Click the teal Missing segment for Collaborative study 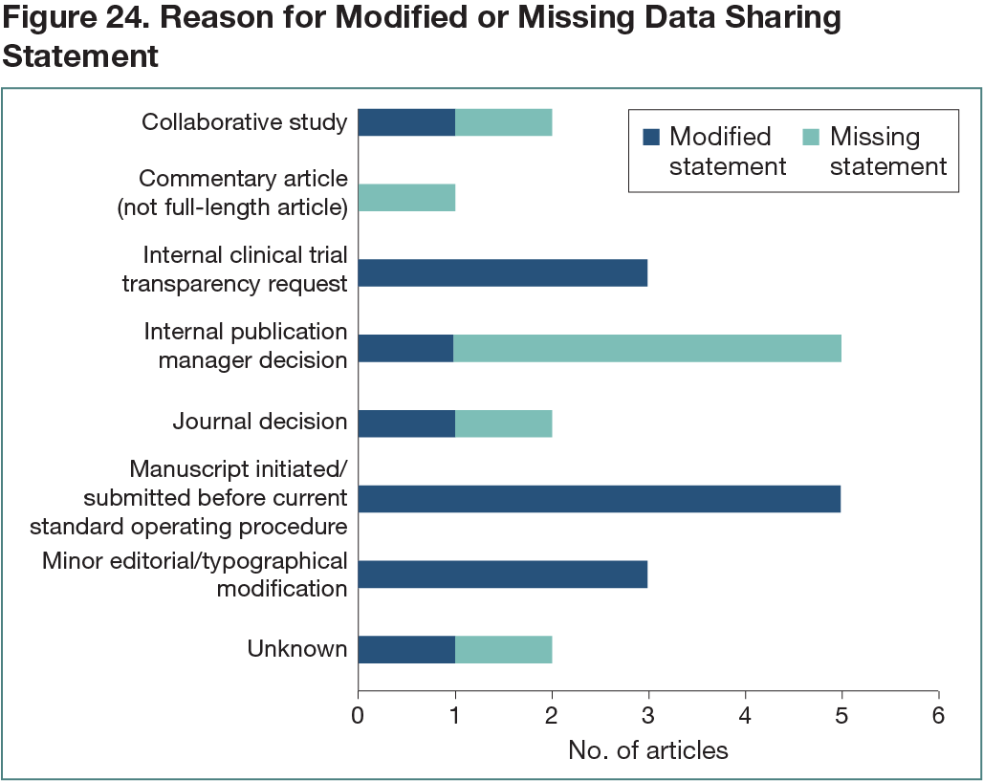(504, 122)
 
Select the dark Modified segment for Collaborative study (406, 122)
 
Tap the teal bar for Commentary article (406, 198)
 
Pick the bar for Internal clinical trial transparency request (503, 273)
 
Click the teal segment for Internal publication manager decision (647, 349)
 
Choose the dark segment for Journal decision (406, 423)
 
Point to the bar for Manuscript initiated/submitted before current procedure (600, 499)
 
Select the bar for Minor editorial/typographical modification (503, 575)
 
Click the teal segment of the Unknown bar (504, 650)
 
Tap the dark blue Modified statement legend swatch (651, 138)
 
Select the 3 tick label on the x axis (648, 715)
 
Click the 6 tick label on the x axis (939, 715)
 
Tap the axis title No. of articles (647, 750)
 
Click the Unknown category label (297, 649)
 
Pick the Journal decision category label (260, 422)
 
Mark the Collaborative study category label (244, 122)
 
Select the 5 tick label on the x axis (841, 715)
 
